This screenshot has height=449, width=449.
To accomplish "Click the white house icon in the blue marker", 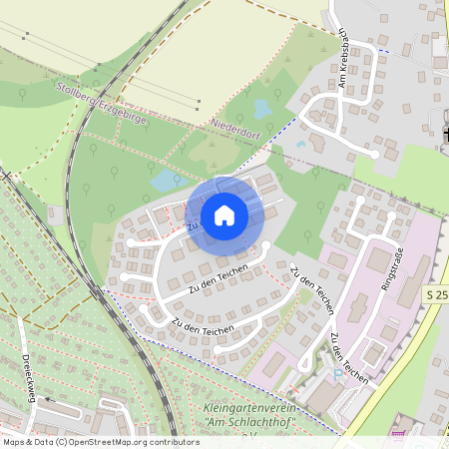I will coord(224,216).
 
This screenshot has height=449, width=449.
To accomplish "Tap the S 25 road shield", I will coord(436,295).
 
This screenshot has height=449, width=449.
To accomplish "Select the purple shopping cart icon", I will coord(398,432).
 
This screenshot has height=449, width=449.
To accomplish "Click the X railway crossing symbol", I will coord(6,175).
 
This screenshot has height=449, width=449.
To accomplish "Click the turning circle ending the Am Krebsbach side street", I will coord(375,154).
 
